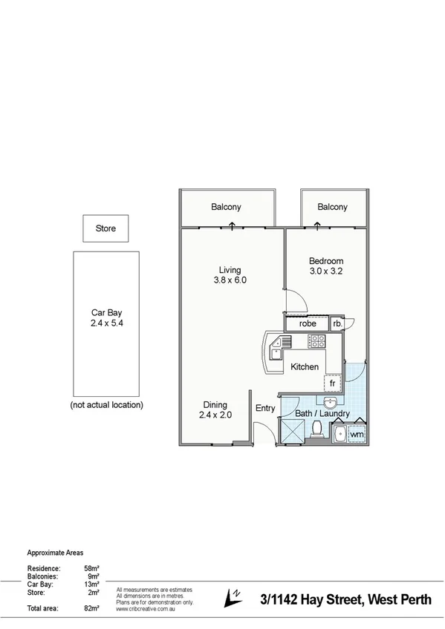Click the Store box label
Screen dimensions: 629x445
point(106,228)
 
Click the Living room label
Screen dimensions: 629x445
point(230,275)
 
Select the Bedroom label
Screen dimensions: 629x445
point(326,266)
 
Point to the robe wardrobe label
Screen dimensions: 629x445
point(308,323)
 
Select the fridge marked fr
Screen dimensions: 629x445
point(332,383)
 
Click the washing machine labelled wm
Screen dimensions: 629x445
point(357,433)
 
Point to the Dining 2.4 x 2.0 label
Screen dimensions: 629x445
point(215,410)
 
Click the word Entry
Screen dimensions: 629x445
point(265,408)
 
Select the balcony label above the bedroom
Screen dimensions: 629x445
point(332,207)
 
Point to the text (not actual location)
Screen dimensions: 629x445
point(106,405)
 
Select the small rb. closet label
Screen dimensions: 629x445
point(337,323)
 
